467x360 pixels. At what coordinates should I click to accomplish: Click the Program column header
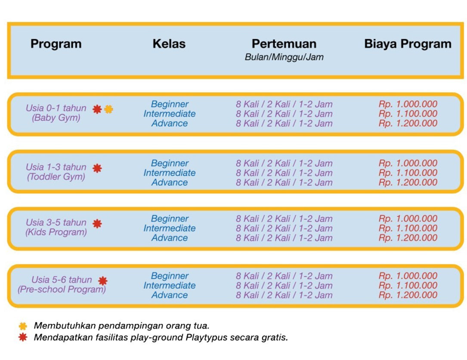pos(56,44)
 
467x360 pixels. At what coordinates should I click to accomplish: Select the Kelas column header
pos(169,44)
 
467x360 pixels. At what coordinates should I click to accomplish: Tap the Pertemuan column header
pos(284,44)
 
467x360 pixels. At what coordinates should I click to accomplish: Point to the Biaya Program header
pos(408,44)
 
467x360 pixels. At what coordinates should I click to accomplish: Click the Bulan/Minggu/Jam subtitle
pos(284,57)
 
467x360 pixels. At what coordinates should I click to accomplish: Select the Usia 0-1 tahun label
pos(56,108)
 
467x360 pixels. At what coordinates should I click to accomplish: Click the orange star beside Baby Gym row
pos(108,109)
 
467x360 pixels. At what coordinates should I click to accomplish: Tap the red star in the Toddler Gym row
pos(97,168)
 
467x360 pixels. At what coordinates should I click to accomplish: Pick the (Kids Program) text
pos(56,232)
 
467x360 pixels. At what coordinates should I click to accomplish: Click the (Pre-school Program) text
pos(62,289)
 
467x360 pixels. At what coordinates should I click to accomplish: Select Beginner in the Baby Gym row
pos(170,104)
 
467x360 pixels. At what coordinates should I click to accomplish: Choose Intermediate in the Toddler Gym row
pos(170,173)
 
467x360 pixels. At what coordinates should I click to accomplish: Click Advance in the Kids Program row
pos(170,238)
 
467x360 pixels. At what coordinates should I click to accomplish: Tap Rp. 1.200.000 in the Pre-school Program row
pos(408,295)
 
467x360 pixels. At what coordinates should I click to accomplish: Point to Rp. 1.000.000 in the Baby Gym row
pos(408,104)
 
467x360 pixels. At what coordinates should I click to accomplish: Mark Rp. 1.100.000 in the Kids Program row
pos(408,228)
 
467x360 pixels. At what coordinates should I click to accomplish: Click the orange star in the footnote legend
pos(23,326)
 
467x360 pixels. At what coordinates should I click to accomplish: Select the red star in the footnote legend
pos(23,337)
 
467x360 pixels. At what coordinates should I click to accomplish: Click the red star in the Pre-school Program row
pos(102,281)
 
